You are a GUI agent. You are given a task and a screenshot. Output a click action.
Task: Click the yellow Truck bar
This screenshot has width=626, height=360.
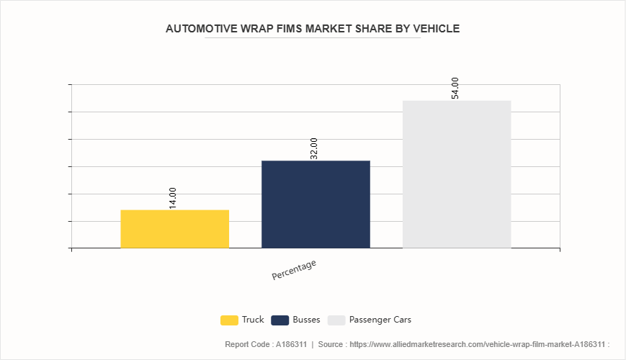point(174,229)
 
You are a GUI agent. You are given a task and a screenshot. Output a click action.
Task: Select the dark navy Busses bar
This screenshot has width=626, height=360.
point(316,204)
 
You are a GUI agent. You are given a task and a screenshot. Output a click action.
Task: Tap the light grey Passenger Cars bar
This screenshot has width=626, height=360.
point(457,174)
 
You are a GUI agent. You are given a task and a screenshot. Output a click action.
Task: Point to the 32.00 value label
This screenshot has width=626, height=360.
point(314,149)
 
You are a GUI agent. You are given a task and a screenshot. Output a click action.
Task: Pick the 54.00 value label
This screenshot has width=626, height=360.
point(455,89)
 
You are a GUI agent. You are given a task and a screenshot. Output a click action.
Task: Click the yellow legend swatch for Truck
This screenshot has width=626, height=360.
point(229,320)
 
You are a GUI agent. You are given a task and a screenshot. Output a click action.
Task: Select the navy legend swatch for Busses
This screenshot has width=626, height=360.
point(280,320)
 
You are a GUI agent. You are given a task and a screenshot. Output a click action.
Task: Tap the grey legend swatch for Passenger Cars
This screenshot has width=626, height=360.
point(336,320)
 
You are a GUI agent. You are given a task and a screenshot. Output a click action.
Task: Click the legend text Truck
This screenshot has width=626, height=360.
point(253,320)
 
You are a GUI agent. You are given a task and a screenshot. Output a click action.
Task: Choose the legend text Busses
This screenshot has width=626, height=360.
point(307,320)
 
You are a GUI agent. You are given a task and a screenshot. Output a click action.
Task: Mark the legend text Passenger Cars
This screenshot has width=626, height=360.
point(380,320)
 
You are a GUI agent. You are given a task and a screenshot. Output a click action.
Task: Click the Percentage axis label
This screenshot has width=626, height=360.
point(294,270)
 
